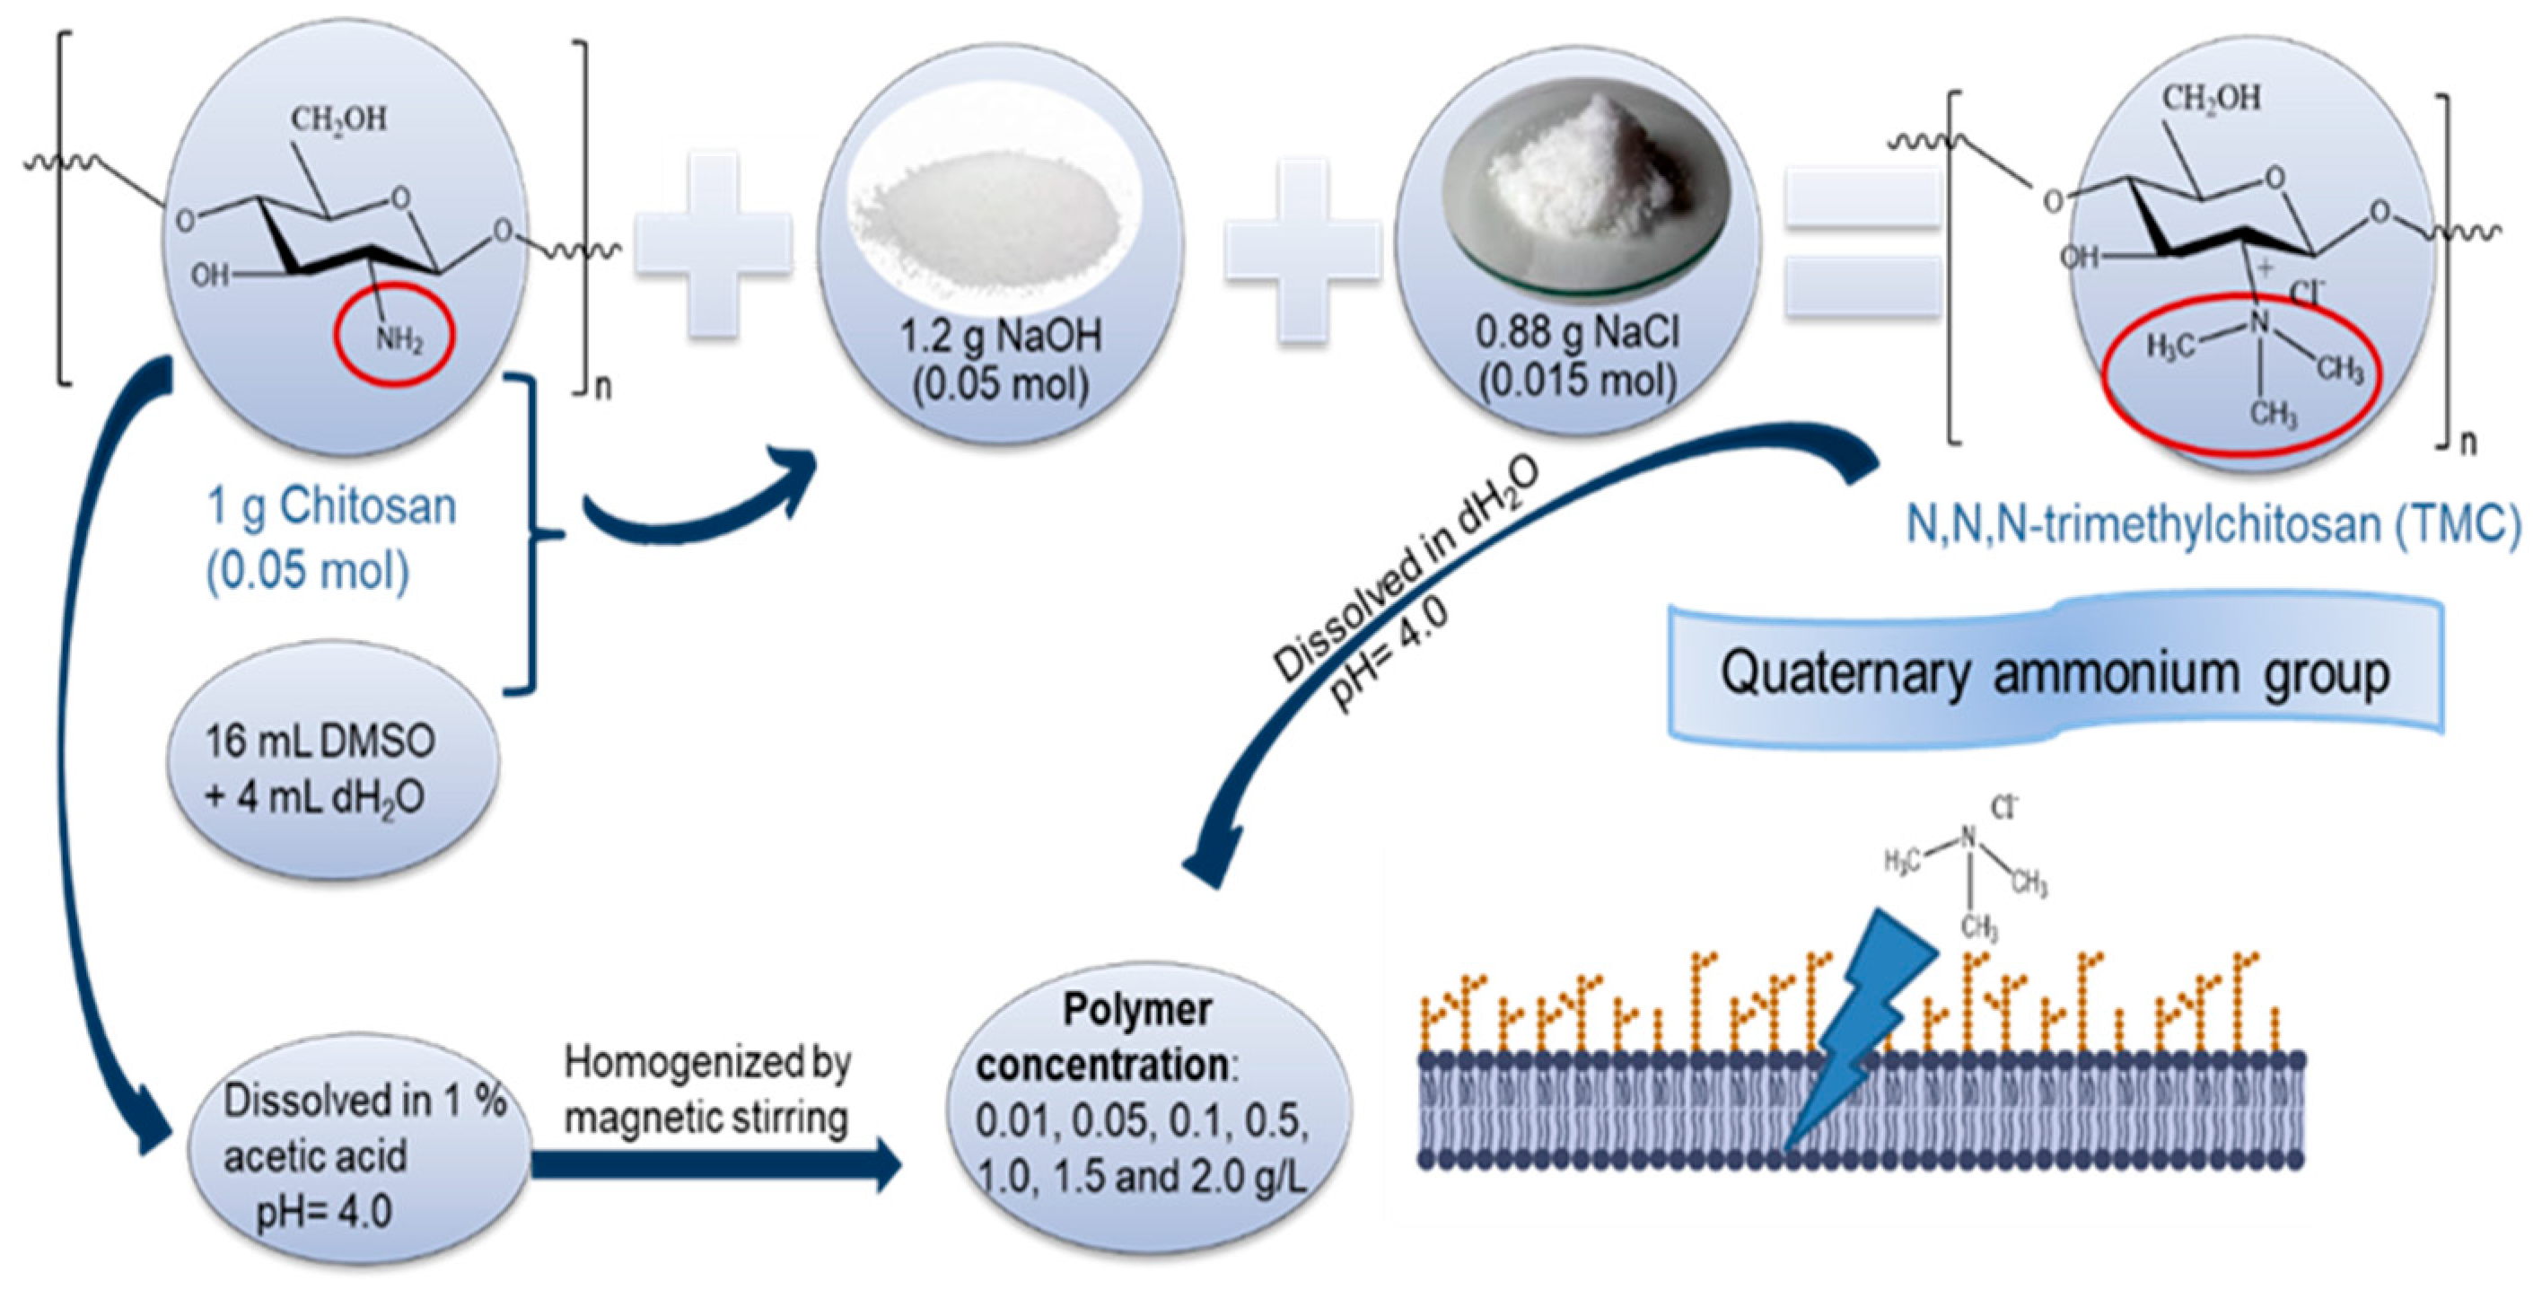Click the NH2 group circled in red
(x=396, y=340)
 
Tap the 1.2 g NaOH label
(x=1000, y=338)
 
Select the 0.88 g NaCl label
(x=1577, y=333)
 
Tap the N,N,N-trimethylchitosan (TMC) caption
(x=2213, y=524)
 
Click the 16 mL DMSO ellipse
(x=320, y=768)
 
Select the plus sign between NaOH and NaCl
(x=1302, y=250)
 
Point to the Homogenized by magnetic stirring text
(x=707, y=1090)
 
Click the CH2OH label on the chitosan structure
(x=338, y=121)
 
